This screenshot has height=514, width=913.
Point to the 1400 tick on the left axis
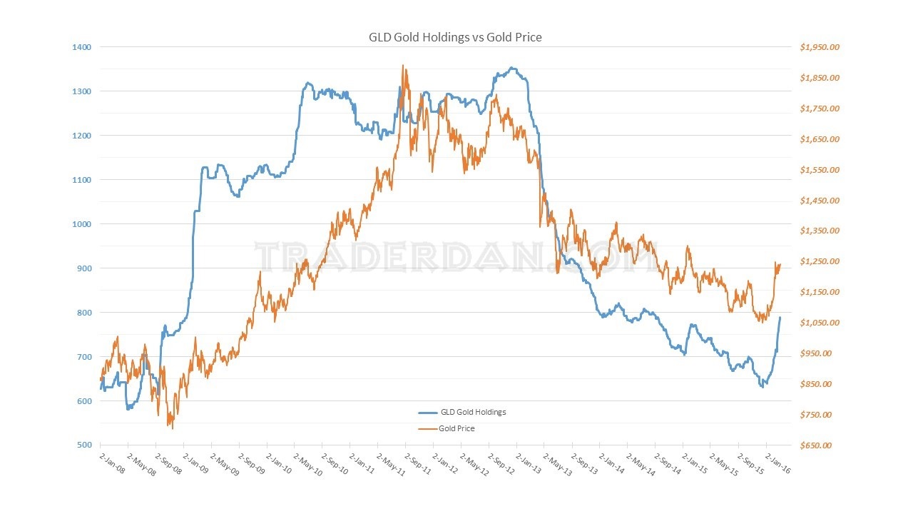tap(82, 47)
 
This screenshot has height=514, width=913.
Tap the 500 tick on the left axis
tap(84, 445)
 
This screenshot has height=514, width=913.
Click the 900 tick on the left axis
tap(84, 268)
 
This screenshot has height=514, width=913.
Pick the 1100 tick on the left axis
tap(82, 180)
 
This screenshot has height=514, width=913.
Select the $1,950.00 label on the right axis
tap(820, 47)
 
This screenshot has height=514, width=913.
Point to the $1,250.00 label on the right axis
tap(820, 261)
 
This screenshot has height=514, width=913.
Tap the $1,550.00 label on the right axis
tap(820, 170)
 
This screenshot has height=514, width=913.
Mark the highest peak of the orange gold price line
tap(403, 66)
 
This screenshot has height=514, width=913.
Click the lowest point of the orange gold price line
tap(171, 428)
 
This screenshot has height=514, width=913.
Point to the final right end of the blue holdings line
tap(780, 317)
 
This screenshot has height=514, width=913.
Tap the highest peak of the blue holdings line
tap(511, 68)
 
